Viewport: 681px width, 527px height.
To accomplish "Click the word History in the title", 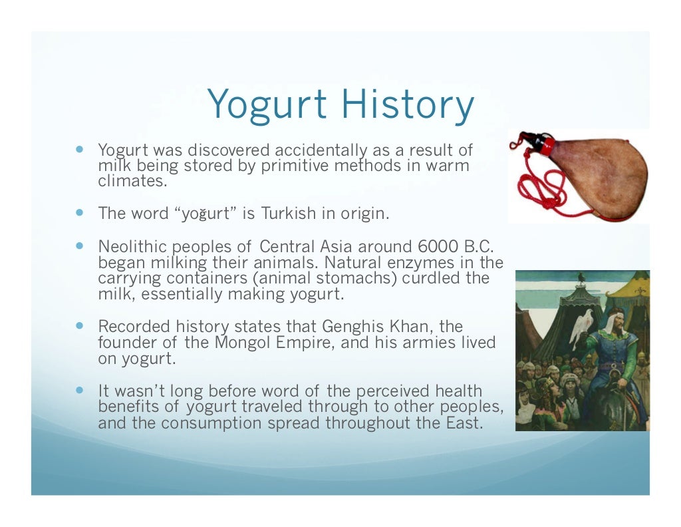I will (407, 105).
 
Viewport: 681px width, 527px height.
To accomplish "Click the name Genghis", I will (348, 327).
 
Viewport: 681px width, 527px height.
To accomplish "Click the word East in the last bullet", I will (460, 423).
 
